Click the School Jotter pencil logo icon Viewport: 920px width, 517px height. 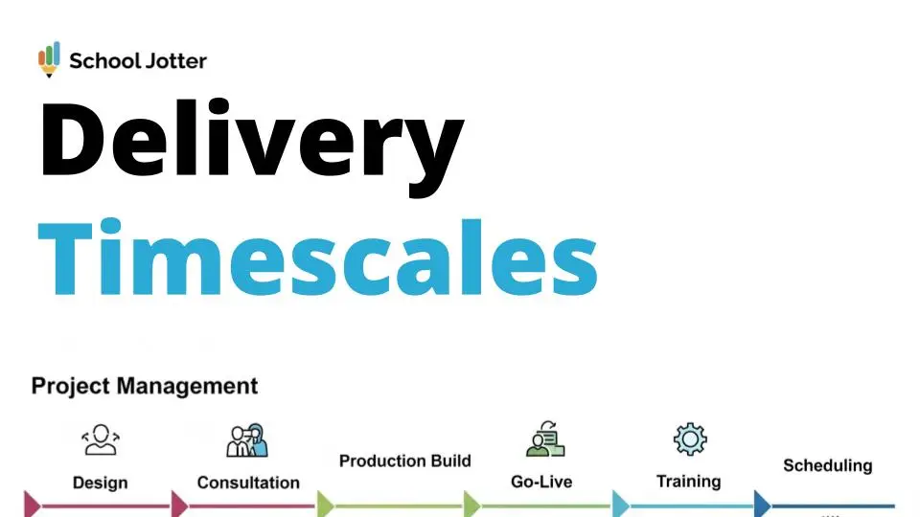(x=49, y=59)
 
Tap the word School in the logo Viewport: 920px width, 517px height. (x=105, y=60)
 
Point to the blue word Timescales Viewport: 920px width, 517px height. (x=317, y=257)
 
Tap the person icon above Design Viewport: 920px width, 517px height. (x=101, y=439)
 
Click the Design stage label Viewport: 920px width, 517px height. (x=101, y=483)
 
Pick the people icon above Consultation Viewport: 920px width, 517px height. (x=247, y=440)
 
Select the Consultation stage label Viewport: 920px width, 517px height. (x=248, y=483)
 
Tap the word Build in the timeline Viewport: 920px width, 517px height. (x=451, y=461)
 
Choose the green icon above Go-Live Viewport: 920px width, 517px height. (x=545, y=438)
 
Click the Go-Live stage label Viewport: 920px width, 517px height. (x=541, y=482)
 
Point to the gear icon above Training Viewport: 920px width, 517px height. (x=690, y=439)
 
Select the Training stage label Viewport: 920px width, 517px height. (x=689, y=482)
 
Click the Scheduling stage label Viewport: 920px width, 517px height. (x=828, y=466)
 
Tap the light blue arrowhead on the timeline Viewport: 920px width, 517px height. (x=620, y=505)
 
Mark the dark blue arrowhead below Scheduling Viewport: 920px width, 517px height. (x=762, y=505)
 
